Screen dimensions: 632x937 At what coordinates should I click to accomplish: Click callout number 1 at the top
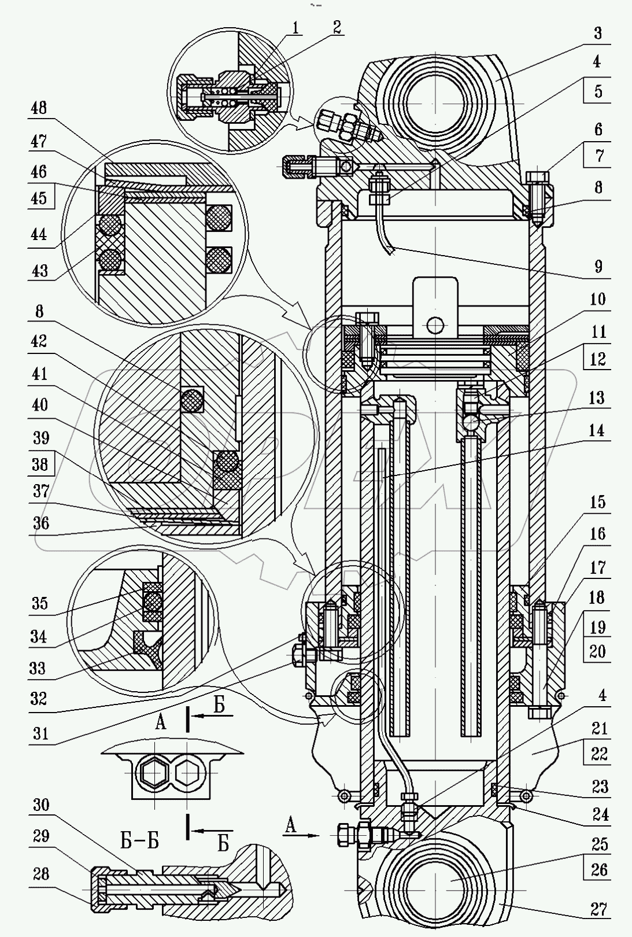295,29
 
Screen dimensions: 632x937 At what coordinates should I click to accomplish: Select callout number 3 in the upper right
598,33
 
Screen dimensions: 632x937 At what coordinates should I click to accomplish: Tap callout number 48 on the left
39,108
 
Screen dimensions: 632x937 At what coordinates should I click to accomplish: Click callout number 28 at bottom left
40,874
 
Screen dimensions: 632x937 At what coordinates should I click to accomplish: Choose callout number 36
40,523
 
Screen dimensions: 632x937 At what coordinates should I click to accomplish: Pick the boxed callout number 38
40,464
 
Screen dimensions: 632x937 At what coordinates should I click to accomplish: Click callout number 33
37,668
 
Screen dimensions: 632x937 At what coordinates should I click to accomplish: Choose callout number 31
40,733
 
